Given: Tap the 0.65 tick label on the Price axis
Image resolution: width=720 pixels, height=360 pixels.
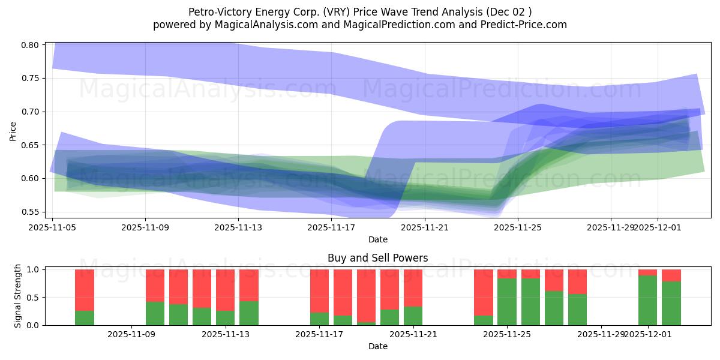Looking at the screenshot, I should (x=31, y=145).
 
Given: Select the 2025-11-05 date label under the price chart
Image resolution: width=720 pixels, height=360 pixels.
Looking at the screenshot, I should (x=53, y=227).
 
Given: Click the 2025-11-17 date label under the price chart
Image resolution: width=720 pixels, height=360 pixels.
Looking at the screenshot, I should (x=332, y=227).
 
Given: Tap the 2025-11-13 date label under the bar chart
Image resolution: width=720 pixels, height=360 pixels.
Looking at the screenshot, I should (x=225, y=334).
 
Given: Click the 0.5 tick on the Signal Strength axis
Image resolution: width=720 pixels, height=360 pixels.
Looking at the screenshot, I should (x=34, y=298).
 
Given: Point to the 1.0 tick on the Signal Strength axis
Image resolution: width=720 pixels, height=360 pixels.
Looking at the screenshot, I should (x=34, y=270).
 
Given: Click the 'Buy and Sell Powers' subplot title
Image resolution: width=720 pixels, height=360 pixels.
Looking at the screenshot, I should (x=377, y=259).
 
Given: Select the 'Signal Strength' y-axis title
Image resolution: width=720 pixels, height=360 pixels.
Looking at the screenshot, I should (x=18, y=296).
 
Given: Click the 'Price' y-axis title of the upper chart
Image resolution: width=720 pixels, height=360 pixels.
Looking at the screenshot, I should (x=13, y=131).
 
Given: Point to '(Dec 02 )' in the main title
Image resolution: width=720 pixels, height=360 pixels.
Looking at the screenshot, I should (x=509, y=12).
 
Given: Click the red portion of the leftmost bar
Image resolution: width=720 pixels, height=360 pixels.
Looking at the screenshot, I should (x=85, y=290).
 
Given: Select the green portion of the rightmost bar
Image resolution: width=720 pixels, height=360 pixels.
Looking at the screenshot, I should (x=671, y=303).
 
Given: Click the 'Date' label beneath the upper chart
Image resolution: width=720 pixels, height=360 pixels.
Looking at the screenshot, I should (x=377, y=239).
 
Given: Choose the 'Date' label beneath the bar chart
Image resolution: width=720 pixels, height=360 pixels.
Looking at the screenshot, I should (x=377, y=346).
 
